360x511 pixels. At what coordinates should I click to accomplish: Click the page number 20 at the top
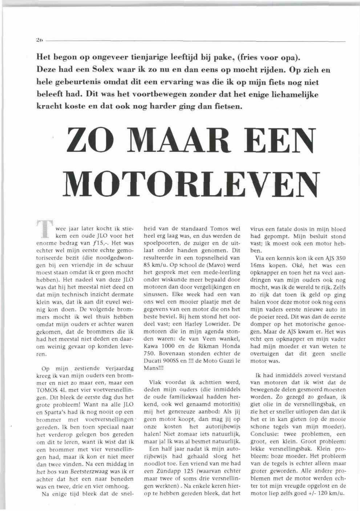[40, 41]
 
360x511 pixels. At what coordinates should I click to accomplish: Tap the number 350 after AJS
[339, 258]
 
